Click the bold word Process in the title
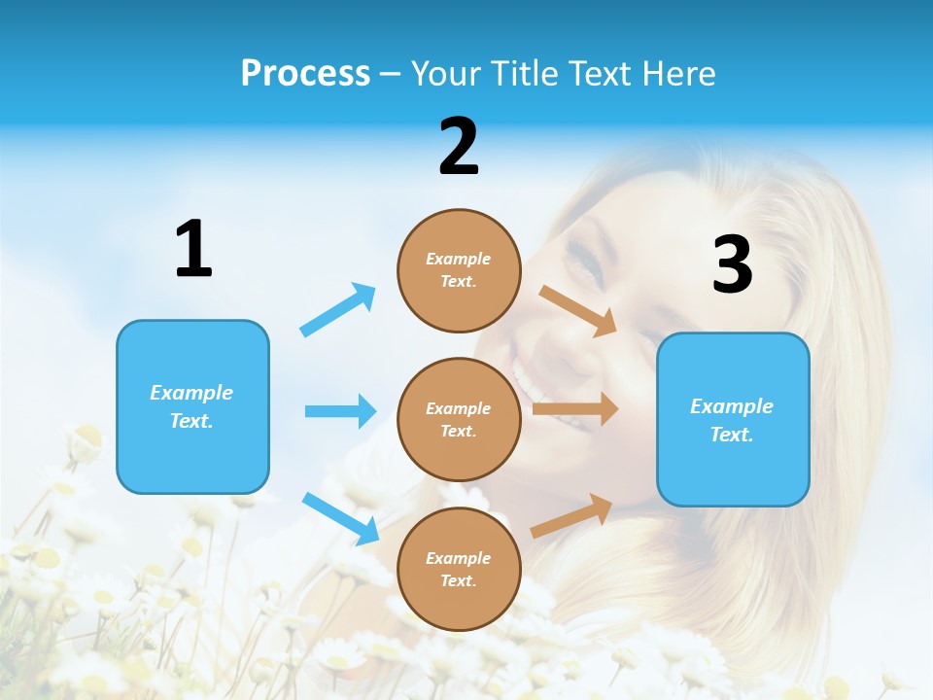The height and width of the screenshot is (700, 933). tap(305, 73)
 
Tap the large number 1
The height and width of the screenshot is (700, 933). tap(193, 249)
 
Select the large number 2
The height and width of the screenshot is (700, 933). tap(459, 147)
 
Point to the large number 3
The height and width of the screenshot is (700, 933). tap(733, 264)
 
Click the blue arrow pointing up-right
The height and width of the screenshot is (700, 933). tap(338, 310)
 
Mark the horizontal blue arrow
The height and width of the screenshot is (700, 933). tap(340, 411)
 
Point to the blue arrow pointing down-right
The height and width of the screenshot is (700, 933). tap(340, 518)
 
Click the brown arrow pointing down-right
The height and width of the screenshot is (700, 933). tap(578, 311)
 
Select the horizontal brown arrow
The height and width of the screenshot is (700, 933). tap(575, 409)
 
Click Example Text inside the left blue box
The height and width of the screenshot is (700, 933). tap(192, 406)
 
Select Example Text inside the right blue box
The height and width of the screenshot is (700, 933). tap(732, 420)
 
